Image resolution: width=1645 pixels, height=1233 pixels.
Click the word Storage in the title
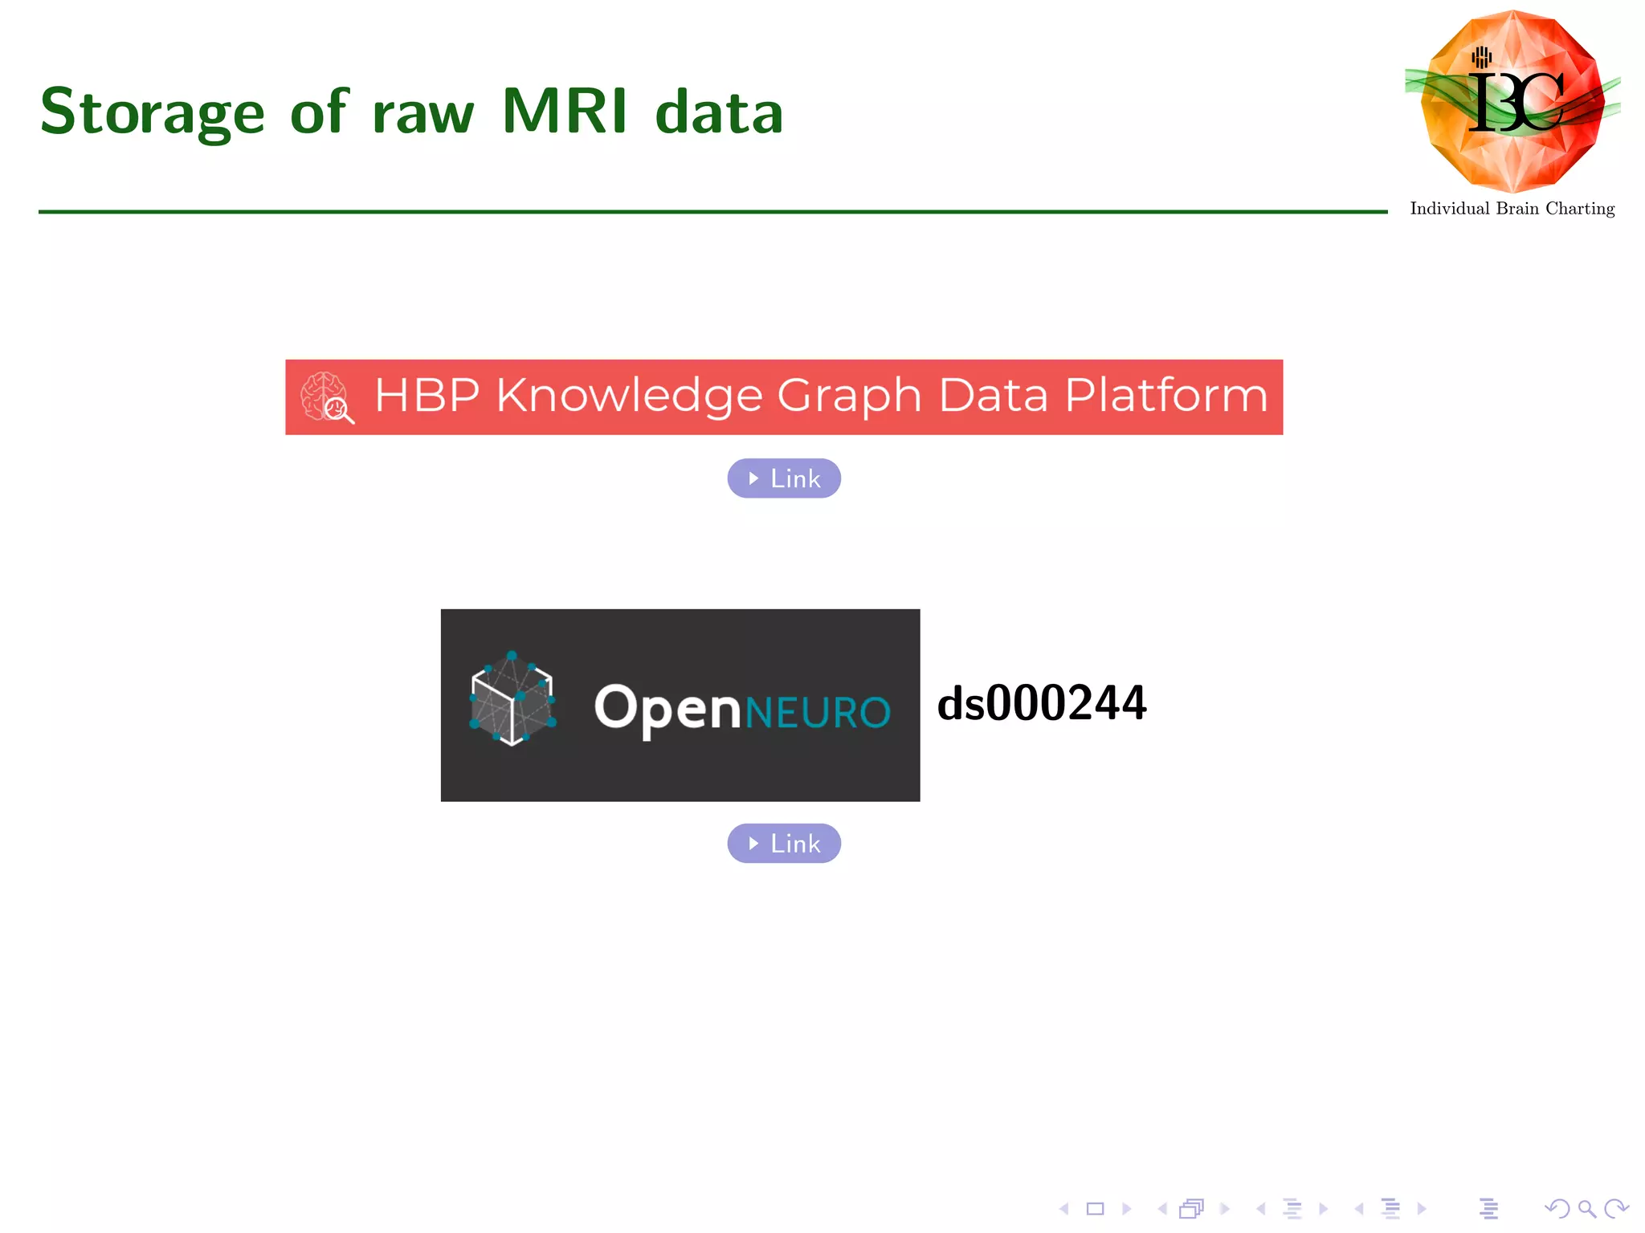point(152,112)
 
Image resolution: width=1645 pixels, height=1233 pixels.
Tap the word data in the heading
point(719,112)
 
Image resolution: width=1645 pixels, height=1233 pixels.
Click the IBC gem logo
point(1512,101)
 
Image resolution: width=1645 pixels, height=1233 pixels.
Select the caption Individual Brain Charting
point(1512,209)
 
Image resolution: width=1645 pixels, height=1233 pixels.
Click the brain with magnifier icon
point(326,397)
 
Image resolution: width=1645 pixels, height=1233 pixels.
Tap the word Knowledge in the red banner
point(628,396)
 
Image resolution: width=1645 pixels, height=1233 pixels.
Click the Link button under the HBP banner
point(784,478)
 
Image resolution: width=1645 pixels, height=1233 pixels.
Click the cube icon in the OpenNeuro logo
point(512,698)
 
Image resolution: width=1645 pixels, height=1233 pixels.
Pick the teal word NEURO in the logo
point(818,712)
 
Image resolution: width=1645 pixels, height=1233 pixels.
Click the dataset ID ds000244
point(1042,703)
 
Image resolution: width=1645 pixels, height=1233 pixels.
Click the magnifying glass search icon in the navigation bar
point(1586,1209)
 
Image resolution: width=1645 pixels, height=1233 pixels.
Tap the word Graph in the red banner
point(849,396)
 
